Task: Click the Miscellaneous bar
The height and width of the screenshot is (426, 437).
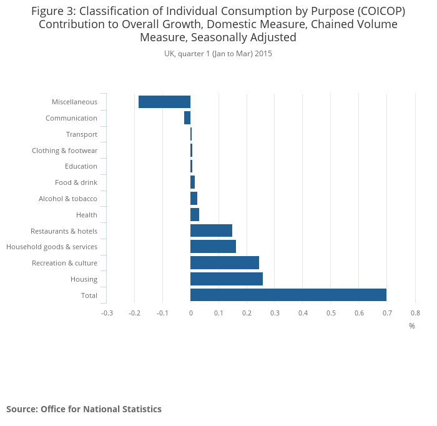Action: tap(164, 102)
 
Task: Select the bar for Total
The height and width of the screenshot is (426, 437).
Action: tap(288, 295)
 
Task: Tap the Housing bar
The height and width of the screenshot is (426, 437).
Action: tap(226, 279)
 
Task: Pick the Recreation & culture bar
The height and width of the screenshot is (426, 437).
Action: tap(224, 262)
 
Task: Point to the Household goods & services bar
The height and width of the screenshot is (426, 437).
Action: tap(213, 247)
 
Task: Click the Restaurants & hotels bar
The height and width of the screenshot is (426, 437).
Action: tap(211, 230)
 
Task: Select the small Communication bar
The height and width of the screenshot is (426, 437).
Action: tap(187, 118)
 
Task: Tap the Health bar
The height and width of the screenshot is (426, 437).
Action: tap(195, 215)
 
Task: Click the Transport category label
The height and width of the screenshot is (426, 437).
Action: tap(81, 134)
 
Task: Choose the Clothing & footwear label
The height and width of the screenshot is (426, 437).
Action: tap(64, 151)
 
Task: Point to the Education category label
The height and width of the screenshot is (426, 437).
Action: tap(81, 166)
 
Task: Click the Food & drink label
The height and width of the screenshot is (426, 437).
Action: tap(76, 182)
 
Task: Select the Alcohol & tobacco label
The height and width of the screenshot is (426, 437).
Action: tap(67, 199)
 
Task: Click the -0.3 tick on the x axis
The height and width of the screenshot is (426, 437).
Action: tap(107, 313)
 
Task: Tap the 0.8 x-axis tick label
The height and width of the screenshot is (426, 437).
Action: tap(415, 313)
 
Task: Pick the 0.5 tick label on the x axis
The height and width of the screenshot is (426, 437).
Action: tap(330, 313)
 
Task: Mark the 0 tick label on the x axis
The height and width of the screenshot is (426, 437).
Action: tap(190, 313)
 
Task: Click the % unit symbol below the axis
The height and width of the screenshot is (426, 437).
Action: tap(412, 325)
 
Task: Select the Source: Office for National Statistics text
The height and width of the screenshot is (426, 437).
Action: tap(84, 409)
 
